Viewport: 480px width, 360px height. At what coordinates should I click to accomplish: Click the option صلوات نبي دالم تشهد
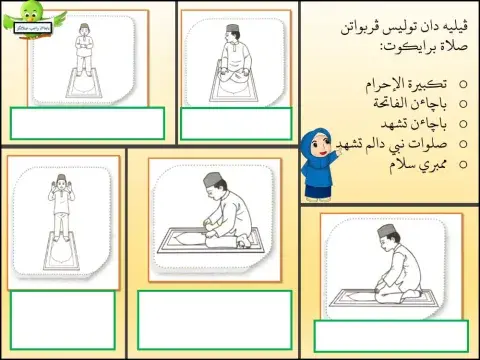400,145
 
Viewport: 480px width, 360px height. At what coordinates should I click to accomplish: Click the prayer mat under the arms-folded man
82,84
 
